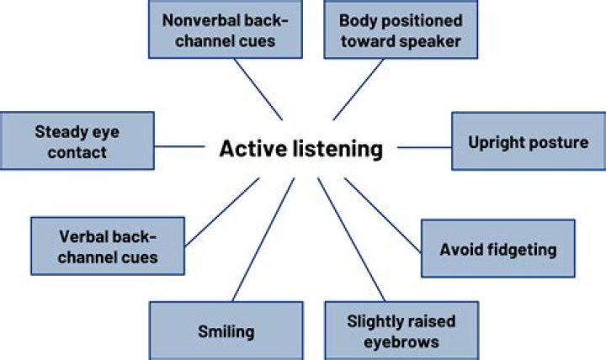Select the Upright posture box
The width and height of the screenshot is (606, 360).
tap(528, 142)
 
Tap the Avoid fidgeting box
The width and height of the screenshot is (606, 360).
tap(497, 249)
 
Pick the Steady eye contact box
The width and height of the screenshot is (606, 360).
tap(71, 142)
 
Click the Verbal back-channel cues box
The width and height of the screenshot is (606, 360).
tap(109, 246)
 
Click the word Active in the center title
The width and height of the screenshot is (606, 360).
tap(249, 150)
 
